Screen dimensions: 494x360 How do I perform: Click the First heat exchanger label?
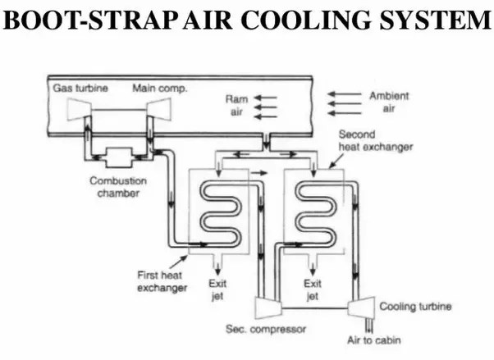pyautogui.click(x=158, y=281)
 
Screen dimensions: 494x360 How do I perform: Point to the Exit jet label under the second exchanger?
pyautogui.click(x=313, y=289)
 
